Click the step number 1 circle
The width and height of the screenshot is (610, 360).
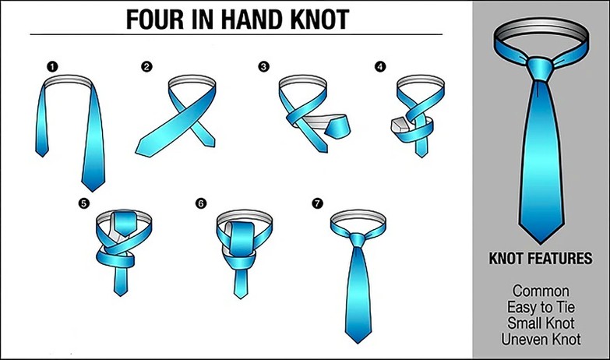tap(51, 67)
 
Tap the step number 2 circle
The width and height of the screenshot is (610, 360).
tap(146, 67)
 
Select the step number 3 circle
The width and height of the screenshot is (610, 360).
tap(263, 67)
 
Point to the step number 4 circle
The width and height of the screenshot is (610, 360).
tap(379, 67)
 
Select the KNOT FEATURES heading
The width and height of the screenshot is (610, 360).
tap(539, 258)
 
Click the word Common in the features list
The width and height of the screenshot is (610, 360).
tap(540, 291)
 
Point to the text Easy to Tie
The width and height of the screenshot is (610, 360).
tap(540, 307)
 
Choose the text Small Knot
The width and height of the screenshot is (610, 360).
tap(540, 323)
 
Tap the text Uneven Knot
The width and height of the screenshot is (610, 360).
tap(540, 339)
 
